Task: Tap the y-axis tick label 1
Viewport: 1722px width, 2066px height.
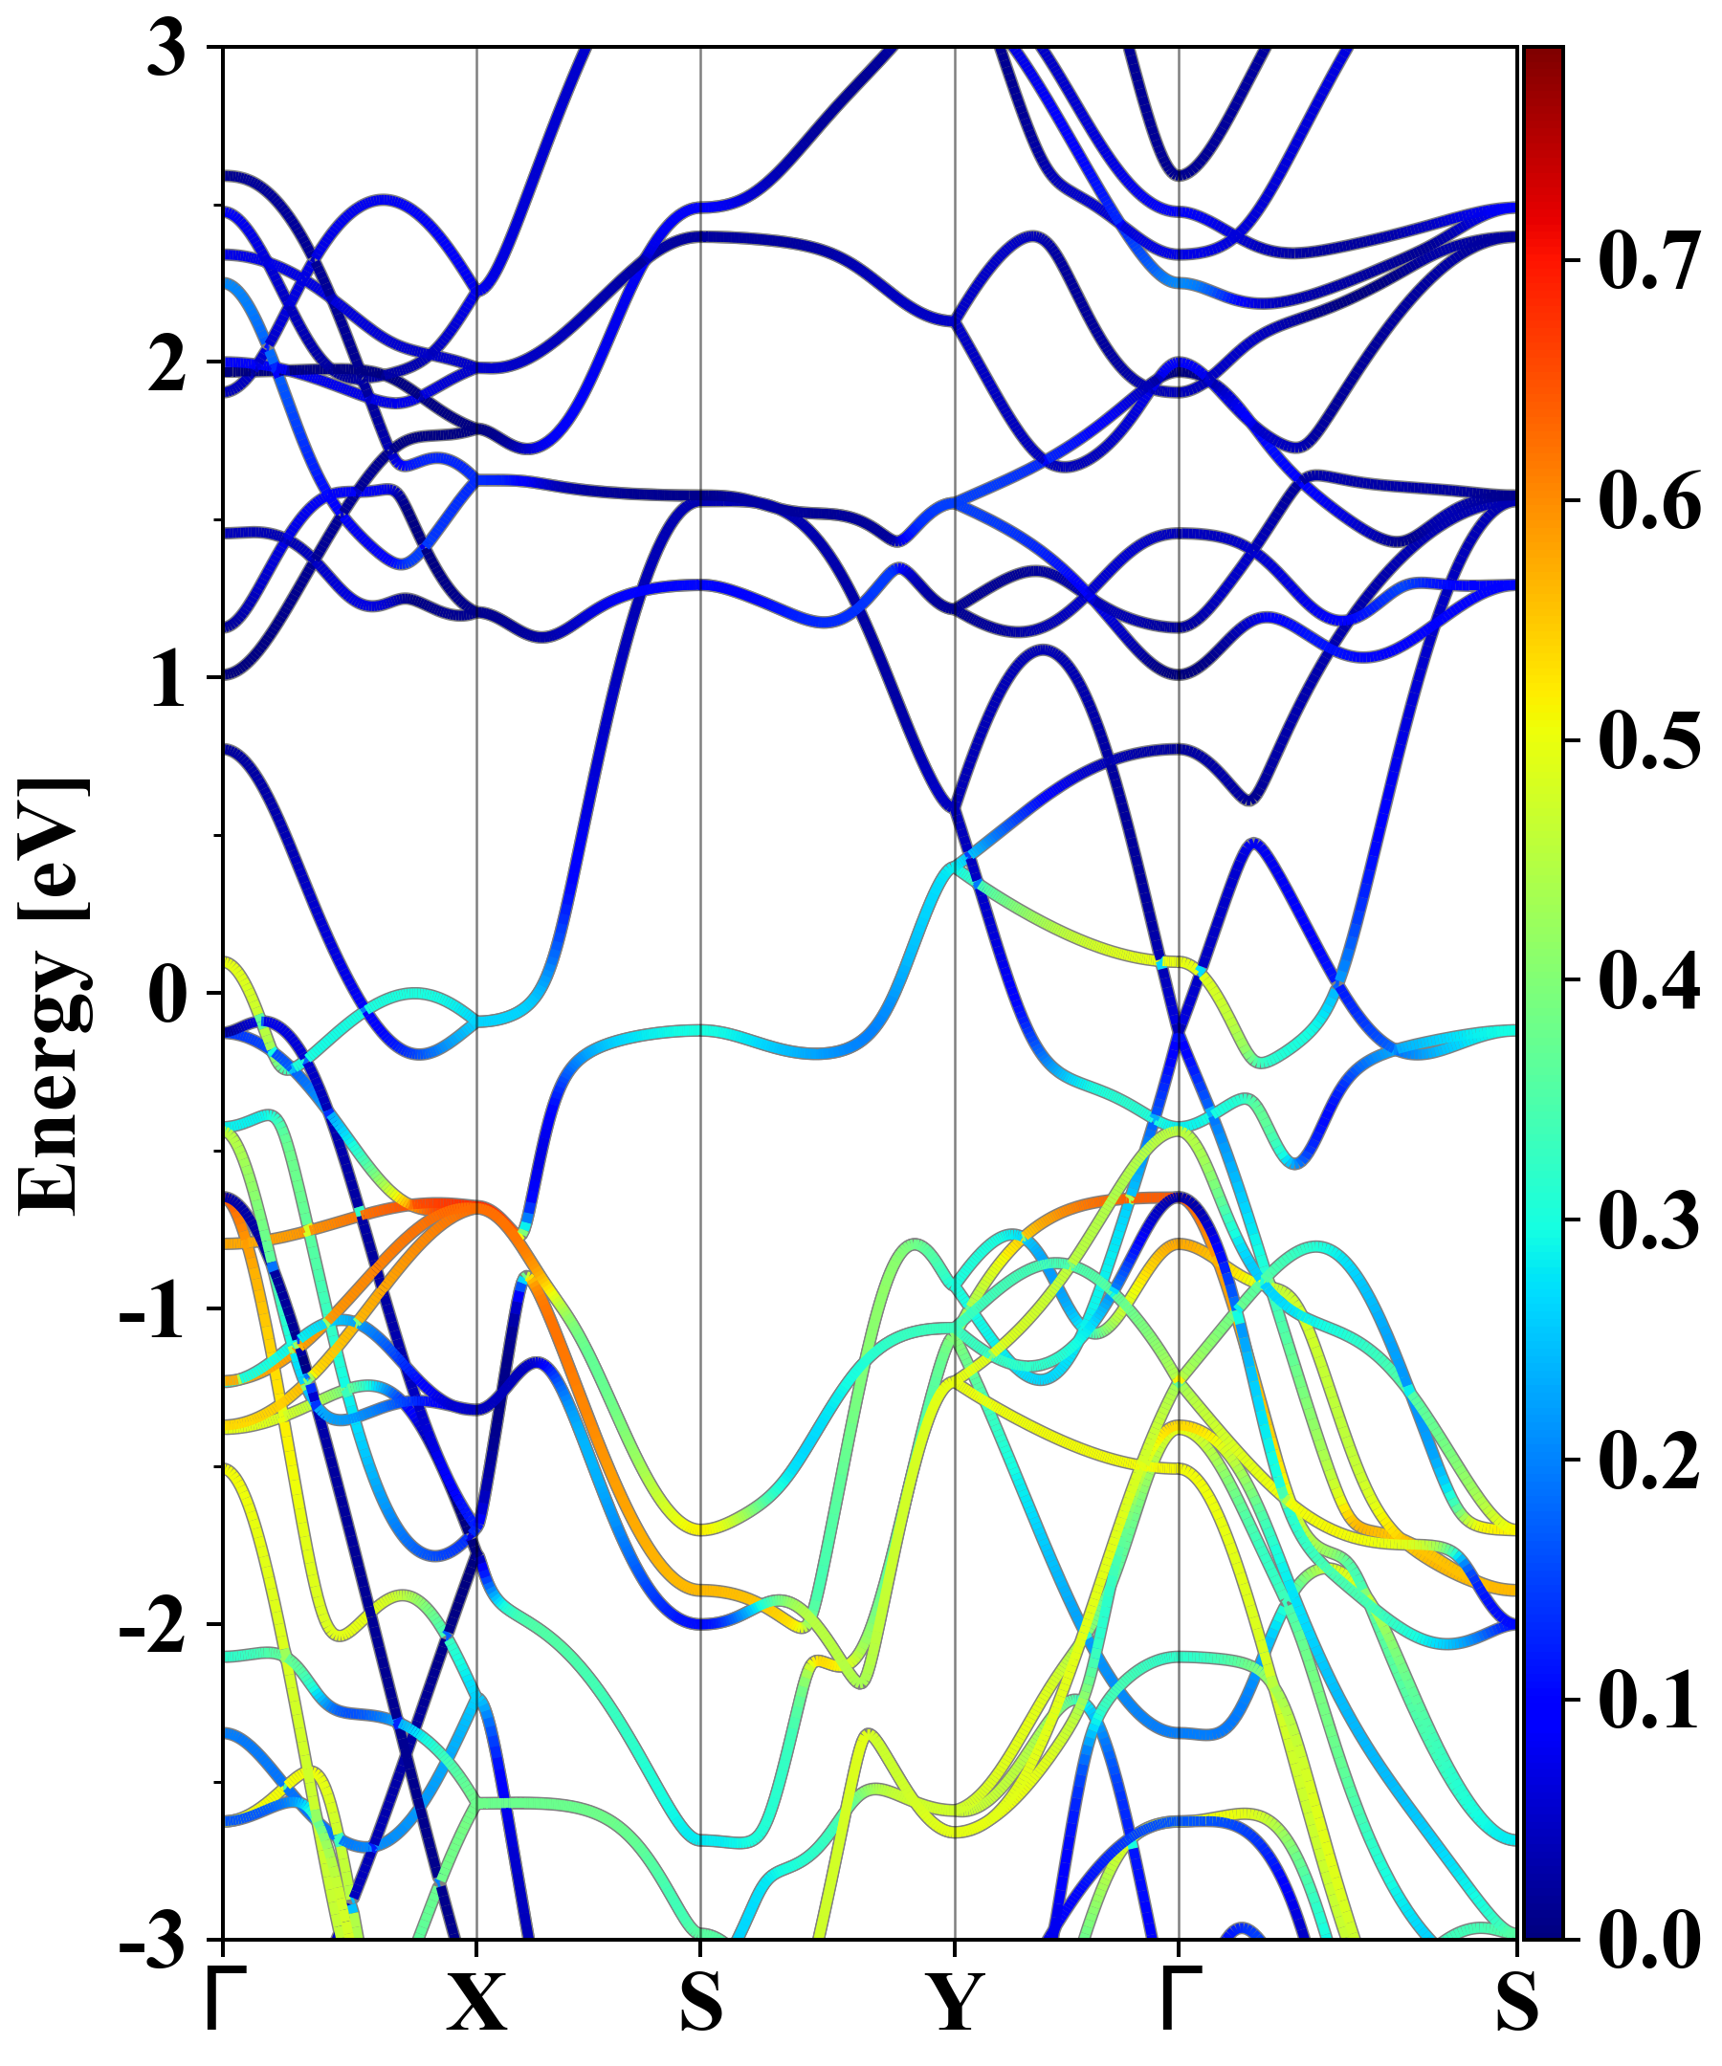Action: [x=167, y=681]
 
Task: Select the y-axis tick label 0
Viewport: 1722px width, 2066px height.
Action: [x=167, y=996]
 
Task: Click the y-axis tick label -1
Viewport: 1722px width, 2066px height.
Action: [x=152, y=1311]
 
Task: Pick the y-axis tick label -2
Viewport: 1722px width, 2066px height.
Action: [x=152, y=1627]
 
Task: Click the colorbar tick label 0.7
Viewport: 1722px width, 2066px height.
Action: [x=1649, y=262]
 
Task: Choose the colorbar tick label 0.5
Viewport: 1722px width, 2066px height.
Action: [x=1649, y=742]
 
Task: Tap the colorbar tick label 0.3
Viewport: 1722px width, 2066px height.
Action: [x=1649, y=1220]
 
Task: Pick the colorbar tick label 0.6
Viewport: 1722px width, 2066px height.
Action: [x=1649, y=502]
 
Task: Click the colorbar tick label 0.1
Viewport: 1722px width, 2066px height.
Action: [x=1649, y=1700]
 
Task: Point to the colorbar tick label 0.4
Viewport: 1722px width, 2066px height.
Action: [x=1649, y=980]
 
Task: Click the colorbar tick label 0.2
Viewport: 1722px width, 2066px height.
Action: [x=1649, y=1460]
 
